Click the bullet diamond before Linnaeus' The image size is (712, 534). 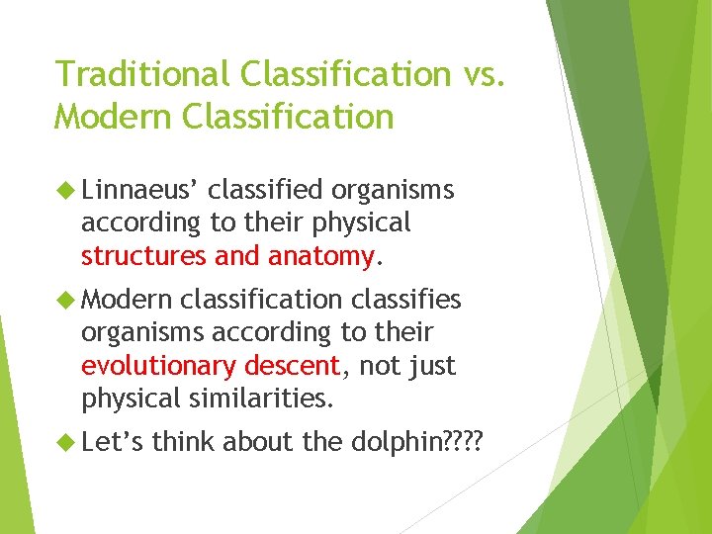(68, 190)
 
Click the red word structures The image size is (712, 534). (144, 256)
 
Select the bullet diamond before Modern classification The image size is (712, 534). (68, 300)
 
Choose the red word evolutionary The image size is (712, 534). (159, 366)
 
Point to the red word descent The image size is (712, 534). (293, 365)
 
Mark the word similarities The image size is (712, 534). (261, 400)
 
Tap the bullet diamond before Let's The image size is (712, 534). (68, 442)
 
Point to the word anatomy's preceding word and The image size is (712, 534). (235, 256)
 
